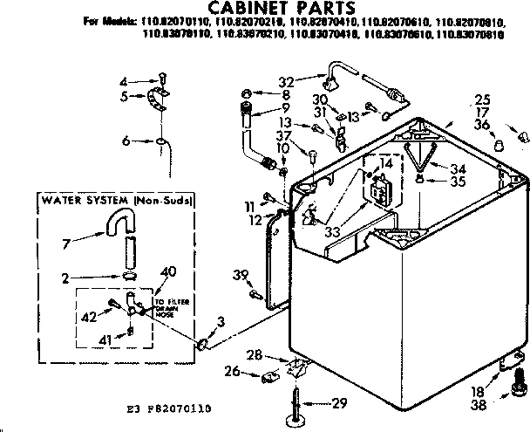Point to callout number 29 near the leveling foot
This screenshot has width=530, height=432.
[340, 403]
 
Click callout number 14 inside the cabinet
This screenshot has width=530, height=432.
[387, 164]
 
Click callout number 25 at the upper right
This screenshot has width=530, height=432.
[483, 99]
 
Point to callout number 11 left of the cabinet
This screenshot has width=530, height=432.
[249, 205]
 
